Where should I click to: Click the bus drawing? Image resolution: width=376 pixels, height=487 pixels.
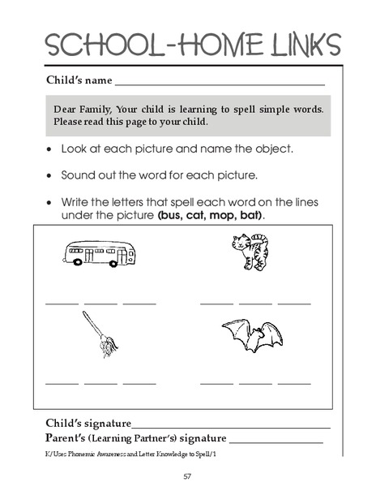(99, 252)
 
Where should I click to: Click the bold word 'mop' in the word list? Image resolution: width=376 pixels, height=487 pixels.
(220, 218)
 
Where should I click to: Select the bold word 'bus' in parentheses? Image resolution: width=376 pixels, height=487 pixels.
(169, 218)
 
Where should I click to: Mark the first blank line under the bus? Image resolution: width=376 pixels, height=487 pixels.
(62, 303)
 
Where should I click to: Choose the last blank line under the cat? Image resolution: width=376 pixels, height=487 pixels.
(294, 303)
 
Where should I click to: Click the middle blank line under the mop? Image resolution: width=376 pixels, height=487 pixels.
(100, 382)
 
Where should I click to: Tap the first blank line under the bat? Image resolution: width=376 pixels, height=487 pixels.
(216, 382)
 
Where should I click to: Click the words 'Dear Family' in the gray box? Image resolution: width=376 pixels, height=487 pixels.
(83, 109)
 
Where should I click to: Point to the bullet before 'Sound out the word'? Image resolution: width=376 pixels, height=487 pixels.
(51, 175)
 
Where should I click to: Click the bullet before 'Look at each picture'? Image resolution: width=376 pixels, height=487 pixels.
(51, 150)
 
